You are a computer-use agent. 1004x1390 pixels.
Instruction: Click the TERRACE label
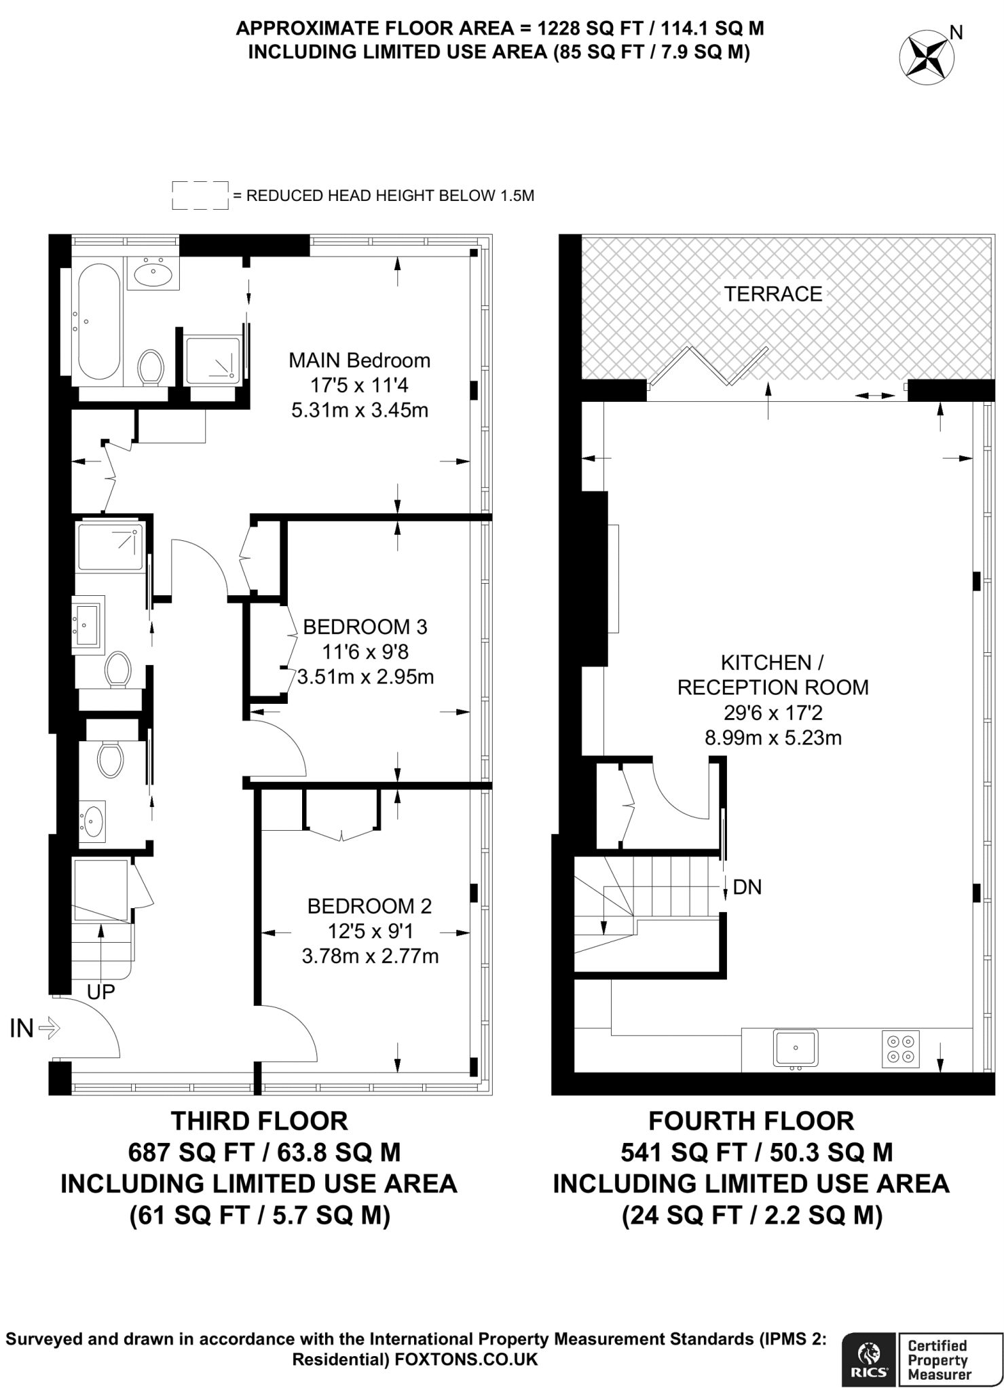click(773, 294)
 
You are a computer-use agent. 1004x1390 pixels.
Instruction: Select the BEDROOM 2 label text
click(369, 905)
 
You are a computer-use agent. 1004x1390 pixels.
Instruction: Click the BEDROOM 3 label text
click(365, 626)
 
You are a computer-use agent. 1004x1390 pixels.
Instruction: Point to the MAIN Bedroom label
click(359, 360)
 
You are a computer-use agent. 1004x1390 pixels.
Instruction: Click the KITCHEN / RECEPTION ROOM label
click(773, 675)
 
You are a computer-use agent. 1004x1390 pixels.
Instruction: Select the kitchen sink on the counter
click(796, 1047)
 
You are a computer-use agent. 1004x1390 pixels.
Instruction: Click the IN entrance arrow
click(48, 1029)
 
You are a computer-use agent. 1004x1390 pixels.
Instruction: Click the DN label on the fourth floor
click(747, 887)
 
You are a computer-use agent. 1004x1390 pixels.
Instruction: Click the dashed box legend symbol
click(200, 195)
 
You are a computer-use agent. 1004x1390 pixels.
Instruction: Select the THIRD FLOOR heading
click(259, 1121)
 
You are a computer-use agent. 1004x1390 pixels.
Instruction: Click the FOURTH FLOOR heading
click(751, 1121)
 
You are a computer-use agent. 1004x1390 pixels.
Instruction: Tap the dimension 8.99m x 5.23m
click(773, 738)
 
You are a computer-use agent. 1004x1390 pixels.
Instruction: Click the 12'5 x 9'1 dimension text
click(369, 931)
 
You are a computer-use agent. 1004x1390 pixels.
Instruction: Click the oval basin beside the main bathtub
click(153, 274)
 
